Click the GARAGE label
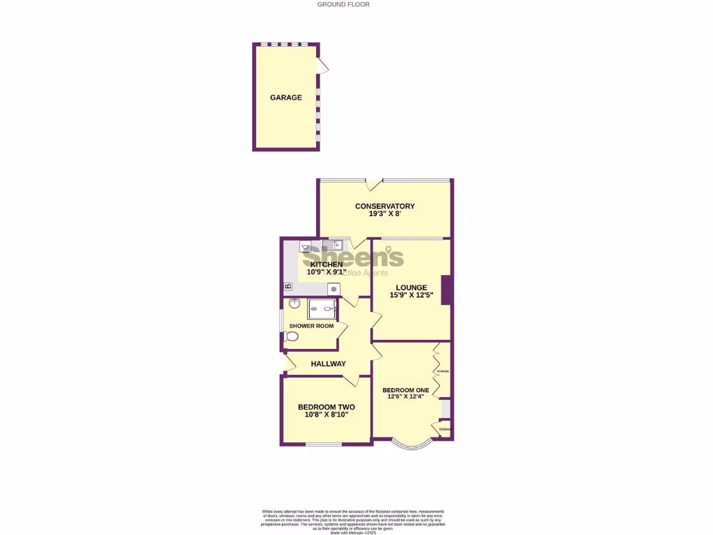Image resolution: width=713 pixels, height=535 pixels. [x=286, y=98]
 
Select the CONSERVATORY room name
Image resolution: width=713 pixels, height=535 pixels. [x=384, y=206]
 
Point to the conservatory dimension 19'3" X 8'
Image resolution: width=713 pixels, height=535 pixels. [x=384, y=214]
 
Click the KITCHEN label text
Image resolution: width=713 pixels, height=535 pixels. [x=327, y=265]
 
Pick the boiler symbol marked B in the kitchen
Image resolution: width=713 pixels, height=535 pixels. [x=288, y=287]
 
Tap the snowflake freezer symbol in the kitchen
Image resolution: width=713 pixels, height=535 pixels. [x=334, y=288]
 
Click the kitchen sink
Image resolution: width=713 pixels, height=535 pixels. [x=338, y=245]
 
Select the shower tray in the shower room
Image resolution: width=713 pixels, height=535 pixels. [x=322, y=309]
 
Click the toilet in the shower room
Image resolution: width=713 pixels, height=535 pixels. [x=291, y=336]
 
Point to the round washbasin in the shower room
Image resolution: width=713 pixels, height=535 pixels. [x=294, y=304]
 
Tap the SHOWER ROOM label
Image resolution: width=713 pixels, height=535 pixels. [x=311, y=326]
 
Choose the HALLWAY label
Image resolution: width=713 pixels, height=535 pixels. [x=329, y=364]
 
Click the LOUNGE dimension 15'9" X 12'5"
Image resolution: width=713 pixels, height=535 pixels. [x=411, y=295]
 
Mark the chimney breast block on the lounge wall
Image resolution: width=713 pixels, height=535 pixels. [x=446, y=289]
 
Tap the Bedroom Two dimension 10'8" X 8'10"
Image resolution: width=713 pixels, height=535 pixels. [x=326, y=414]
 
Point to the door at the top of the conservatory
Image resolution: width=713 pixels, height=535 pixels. [x=374, y=185]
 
